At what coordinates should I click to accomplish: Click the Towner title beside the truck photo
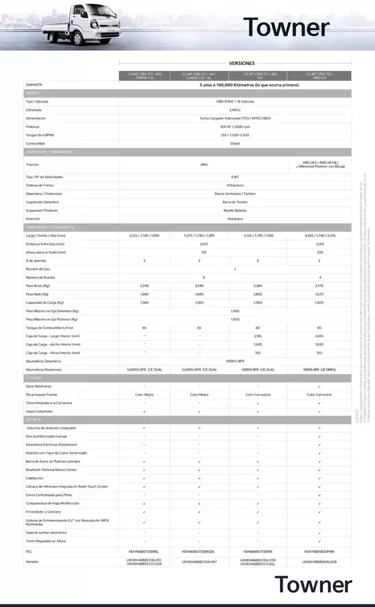tap(287, 27)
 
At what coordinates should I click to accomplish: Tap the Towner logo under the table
tap(313, 585)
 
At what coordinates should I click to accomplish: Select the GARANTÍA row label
tap(35, 85)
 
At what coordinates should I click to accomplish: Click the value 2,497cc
tap(234, 110)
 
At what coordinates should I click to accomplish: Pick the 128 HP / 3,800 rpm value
tap(234, 126)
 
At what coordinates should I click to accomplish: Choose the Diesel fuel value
tap(234, 143)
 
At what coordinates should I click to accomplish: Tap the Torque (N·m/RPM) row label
tap(40, 135)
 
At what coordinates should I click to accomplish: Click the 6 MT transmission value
tap(234, 177)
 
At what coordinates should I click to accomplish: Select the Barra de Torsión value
tap(234, 201)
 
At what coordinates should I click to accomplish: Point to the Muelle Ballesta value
tap(234, 210)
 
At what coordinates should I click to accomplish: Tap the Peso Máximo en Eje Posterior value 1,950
tap(234, 319)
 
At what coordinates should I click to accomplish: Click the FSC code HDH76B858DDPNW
tap(319, 551)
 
